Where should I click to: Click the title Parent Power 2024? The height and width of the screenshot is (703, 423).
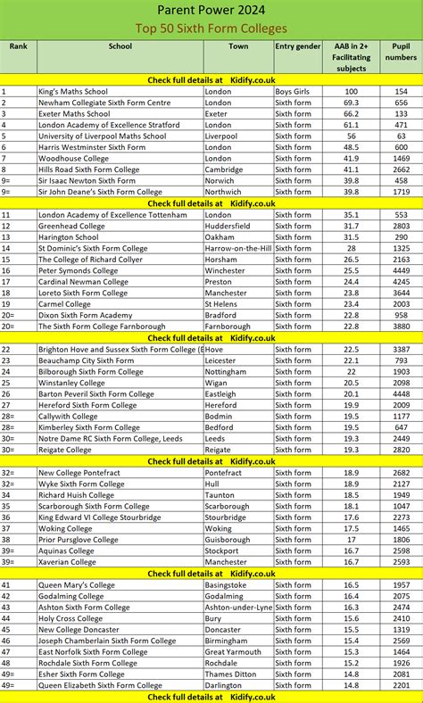(211, 10)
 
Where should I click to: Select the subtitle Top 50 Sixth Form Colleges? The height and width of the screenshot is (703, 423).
(211, 29)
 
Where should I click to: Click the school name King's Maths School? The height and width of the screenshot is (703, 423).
(73, 91)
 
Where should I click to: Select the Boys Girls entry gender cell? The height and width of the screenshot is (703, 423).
(293, 91)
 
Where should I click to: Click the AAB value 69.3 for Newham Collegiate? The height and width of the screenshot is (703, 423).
(351, 103)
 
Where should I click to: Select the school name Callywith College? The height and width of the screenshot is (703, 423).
(68, 416)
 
